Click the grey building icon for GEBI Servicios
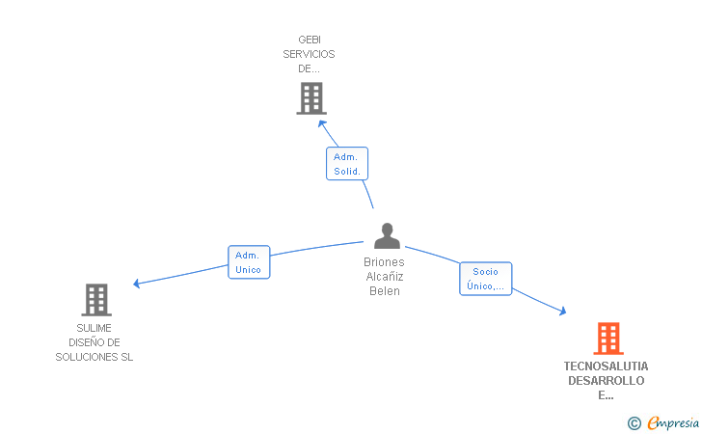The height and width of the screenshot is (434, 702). click(x=310, y=98)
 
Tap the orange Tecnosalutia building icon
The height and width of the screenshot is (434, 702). click(x=607, y=339)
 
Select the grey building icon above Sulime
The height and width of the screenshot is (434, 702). click(x=96, y=300)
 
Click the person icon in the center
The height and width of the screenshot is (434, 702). click(x=387, y=236)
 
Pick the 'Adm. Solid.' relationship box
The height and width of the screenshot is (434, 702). click(x=347, y=164)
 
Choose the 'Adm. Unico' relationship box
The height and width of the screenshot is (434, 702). click(x=248, y=262)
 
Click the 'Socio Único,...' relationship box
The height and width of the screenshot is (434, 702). click(x=485, y=279)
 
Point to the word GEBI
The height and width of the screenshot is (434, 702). click(x=310, y=41)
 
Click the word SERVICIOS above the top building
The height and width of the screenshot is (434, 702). click(x=310, y=55)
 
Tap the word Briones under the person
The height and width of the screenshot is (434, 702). click(x=384, y=262)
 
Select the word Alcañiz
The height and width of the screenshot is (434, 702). click(x=384, y=277)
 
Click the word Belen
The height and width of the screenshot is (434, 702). click(x=384, y=291)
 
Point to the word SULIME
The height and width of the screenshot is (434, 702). click(x=94, y=328)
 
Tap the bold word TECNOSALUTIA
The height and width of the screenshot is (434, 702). click(x=607, y=366)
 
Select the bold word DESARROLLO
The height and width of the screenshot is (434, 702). click(x=607, y=381)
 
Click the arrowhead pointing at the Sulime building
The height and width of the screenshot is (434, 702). click(x=136, y=284)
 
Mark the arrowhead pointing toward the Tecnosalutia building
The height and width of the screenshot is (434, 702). click(x=563, y=312)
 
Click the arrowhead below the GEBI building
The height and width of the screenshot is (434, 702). click(x=322, y=122)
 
